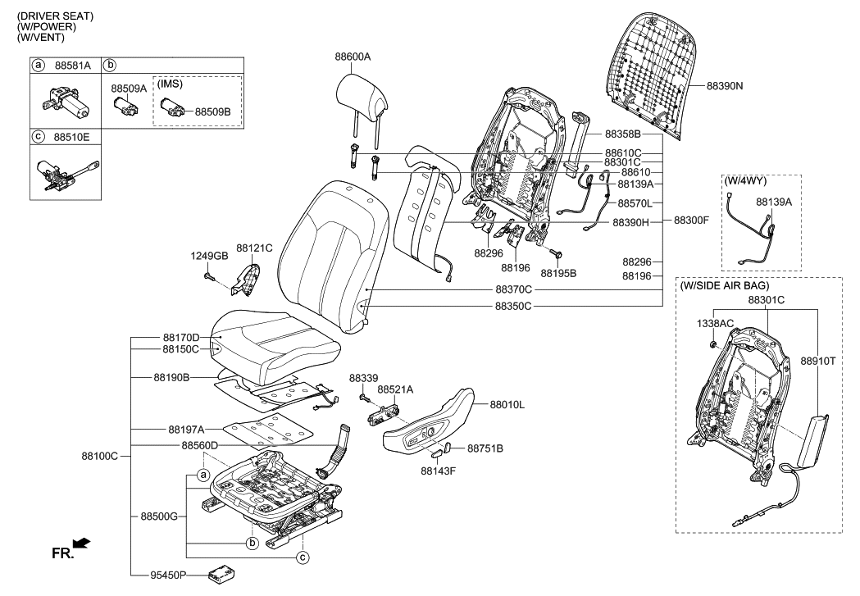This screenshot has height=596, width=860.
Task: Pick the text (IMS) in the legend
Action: pos(171,84)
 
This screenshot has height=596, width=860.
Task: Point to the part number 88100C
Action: pos(99,456)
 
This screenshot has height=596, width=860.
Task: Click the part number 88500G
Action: pos(159,516)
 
